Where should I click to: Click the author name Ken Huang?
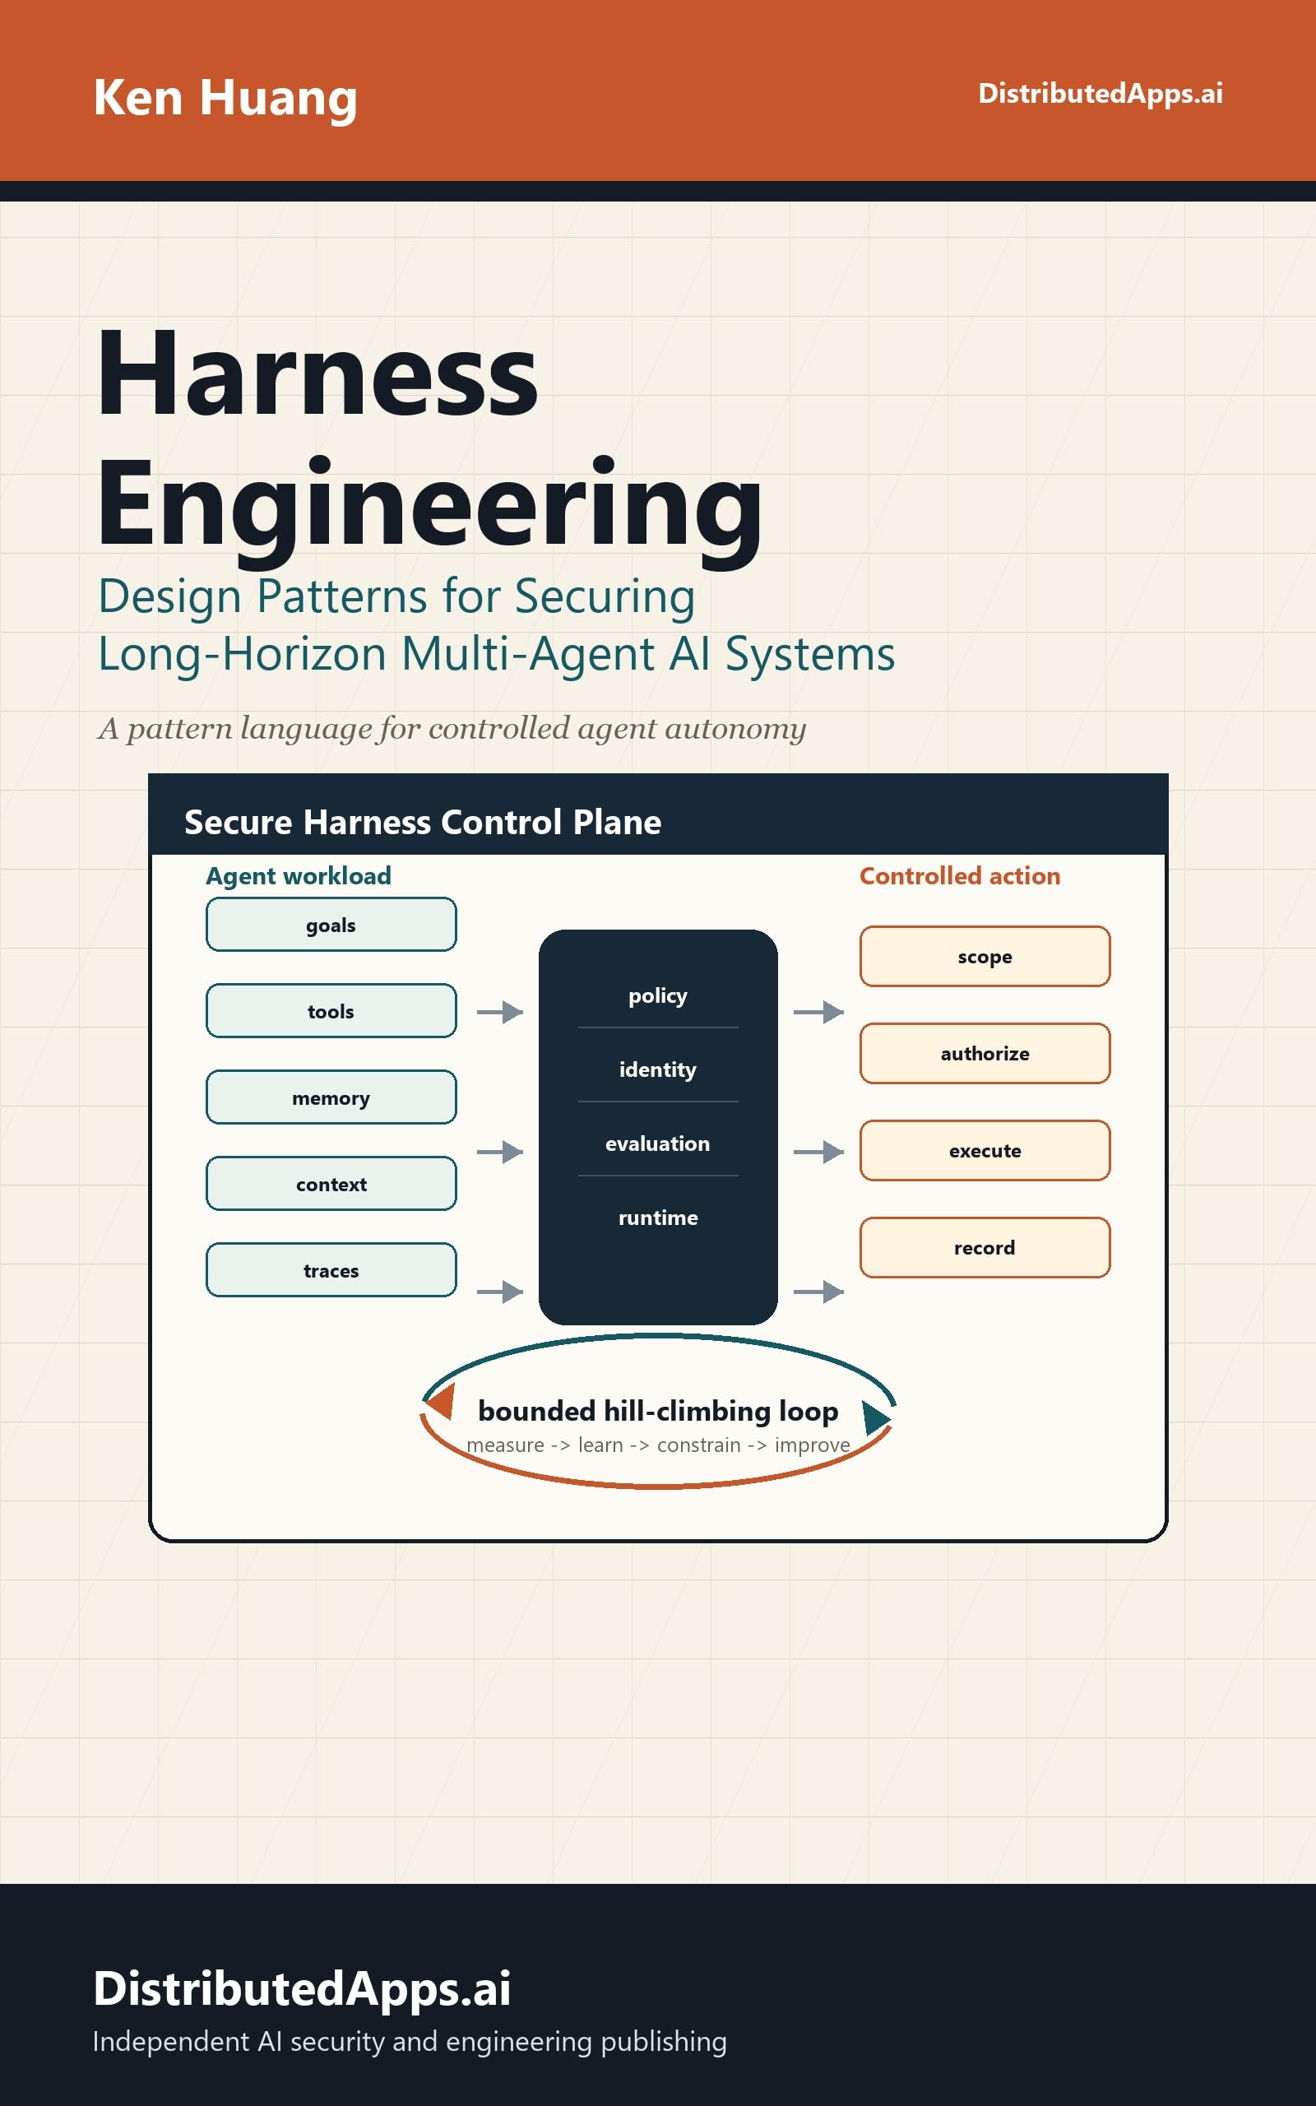[x=225, y=97]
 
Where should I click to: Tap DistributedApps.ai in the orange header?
[x=1101, y=93]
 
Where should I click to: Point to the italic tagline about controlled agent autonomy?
[x=452, y=728]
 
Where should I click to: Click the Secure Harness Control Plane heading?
[x=423, y=823]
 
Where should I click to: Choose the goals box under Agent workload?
[x=331, y=924]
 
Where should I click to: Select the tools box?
[x=331, y=1010]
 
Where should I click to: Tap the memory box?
[x=331, y=1097]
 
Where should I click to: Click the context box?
[x=331, y=1184]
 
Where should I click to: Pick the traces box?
[x=331, y=1269]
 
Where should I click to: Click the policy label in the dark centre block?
[x=658, y=996]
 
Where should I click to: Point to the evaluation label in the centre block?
[x=658, y=1143]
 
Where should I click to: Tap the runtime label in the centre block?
[x=658, y=1218]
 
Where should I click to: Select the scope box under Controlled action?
[x=985, y=957]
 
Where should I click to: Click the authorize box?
[x=985, y=1053]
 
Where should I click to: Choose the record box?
[x=985, y=1247]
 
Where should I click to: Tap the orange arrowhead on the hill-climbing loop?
[x=442, y=1400]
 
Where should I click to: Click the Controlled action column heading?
[x=960, y=875]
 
